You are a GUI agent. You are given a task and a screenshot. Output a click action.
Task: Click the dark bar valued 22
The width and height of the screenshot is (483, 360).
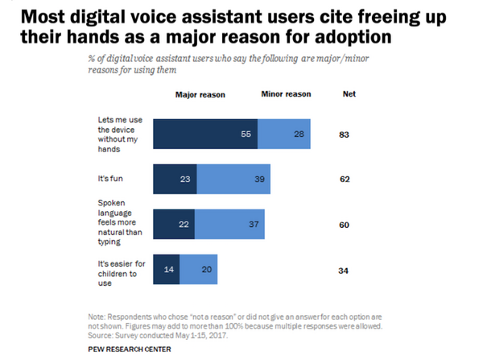[x=174, y=224]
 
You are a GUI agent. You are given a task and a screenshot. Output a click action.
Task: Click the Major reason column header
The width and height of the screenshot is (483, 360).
[x=200, y=94]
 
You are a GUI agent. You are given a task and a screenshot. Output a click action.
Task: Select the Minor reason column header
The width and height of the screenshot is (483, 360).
[x=287, y=94]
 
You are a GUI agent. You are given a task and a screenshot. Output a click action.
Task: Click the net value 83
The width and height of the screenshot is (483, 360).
[x=345, y=134]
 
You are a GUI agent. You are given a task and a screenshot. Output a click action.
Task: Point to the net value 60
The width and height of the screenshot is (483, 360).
[x=345, y=225]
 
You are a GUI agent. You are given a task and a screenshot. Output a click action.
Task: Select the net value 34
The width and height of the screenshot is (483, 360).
[x=345, y=271]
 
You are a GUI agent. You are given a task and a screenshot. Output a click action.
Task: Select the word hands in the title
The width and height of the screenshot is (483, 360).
[x=91, y=35]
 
